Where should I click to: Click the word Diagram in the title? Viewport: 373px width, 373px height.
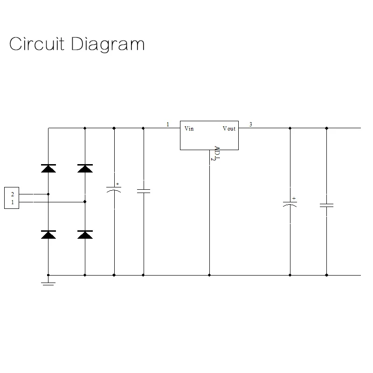[108, 45]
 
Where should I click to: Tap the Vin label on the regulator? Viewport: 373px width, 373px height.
[189, 129]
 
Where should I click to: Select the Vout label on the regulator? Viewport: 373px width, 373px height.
[229, 129]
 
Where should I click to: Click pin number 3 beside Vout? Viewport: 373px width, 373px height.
[251, 124]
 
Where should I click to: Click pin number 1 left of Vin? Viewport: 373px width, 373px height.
[168, 124]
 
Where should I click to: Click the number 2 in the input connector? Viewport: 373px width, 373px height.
[13, 194]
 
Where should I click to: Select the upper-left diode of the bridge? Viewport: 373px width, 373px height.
[48, 168]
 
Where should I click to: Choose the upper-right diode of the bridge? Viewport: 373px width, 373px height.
[85, 168]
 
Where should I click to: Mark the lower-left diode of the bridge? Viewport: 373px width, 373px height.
[48, 235]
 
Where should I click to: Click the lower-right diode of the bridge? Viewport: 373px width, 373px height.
[85, 235]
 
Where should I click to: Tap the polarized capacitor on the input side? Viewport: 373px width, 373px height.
[114, 190]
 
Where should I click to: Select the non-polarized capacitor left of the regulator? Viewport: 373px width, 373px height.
[143, 191]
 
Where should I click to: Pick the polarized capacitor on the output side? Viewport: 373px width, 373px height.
[290, 205]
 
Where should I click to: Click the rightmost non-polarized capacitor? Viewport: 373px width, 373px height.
[326, 205]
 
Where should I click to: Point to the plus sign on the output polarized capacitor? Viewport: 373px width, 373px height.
[294, 198]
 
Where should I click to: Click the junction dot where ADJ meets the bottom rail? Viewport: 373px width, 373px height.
[209, 275]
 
